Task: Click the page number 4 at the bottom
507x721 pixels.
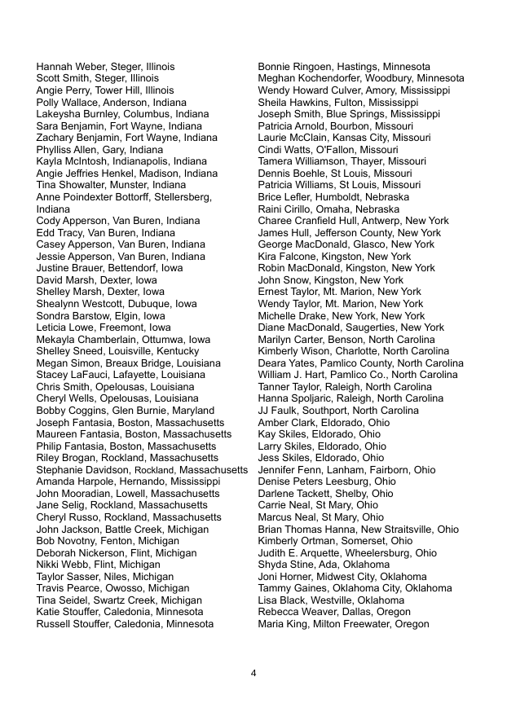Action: [253, 673]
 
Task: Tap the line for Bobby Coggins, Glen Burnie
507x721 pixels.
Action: [125, 411]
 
